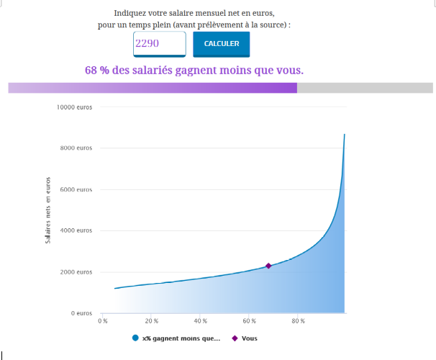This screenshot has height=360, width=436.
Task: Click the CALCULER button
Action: (221, 44)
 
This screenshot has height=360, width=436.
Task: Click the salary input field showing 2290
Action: (159, 44)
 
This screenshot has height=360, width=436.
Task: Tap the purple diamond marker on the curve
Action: (268, 266)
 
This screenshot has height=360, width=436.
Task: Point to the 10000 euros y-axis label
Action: (75, 107)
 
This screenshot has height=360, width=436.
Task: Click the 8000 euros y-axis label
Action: (77, 148)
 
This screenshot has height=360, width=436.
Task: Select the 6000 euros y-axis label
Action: (77, 190)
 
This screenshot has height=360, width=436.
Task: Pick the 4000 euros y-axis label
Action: (77, 231)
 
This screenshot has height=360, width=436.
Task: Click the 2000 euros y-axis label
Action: (77, 272)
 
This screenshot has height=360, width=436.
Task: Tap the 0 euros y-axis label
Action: (81, 314)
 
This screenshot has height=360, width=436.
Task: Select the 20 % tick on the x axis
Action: (151, 321)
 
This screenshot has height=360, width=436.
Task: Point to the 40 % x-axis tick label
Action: (200, 321)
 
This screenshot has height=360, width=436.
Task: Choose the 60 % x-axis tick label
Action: (249, 321)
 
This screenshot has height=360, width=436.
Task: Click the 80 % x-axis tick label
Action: (298, 321)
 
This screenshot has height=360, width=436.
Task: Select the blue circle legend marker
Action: (135, 338)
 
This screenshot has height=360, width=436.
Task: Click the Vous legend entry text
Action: (250, 338)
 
